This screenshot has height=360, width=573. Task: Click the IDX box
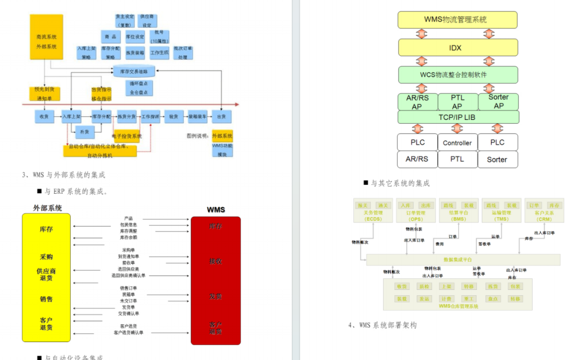tap(457, 48)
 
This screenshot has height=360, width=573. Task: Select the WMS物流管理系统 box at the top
tap(457, 20)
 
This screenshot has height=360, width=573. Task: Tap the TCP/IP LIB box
tap(457, 117)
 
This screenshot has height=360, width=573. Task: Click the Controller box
tap(457, 143)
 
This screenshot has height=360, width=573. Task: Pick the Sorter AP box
tap(498, 101)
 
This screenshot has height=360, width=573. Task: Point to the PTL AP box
tap(457, 101)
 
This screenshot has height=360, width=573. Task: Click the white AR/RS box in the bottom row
tap(417, 159)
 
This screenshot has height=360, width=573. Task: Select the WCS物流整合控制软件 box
tap(457, 75)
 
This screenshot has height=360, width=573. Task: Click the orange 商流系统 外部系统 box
tap(46, 42)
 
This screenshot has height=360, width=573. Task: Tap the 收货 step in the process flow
tap(44, 116)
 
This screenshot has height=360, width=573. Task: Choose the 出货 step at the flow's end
tap(221, 116)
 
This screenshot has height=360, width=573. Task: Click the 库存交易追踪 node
tap(134, 71)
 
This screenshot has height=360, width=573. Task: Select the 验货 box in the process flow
tap(173, 116)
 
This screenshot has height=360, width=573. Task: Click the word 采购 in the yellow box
tap(46, 256)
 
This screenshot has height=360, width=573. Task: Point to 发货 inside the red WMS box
tap(215, 295)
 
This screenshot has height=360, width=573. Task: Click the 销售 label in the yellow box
tap(46, 299)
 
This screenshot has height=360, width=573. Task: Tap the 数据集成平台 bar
tap(458, 259)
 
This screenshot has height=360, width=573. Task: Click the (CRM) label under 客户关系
tap(544, 219)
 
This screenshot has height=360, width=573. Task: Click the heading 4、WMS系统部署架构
tap(383, 325)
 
